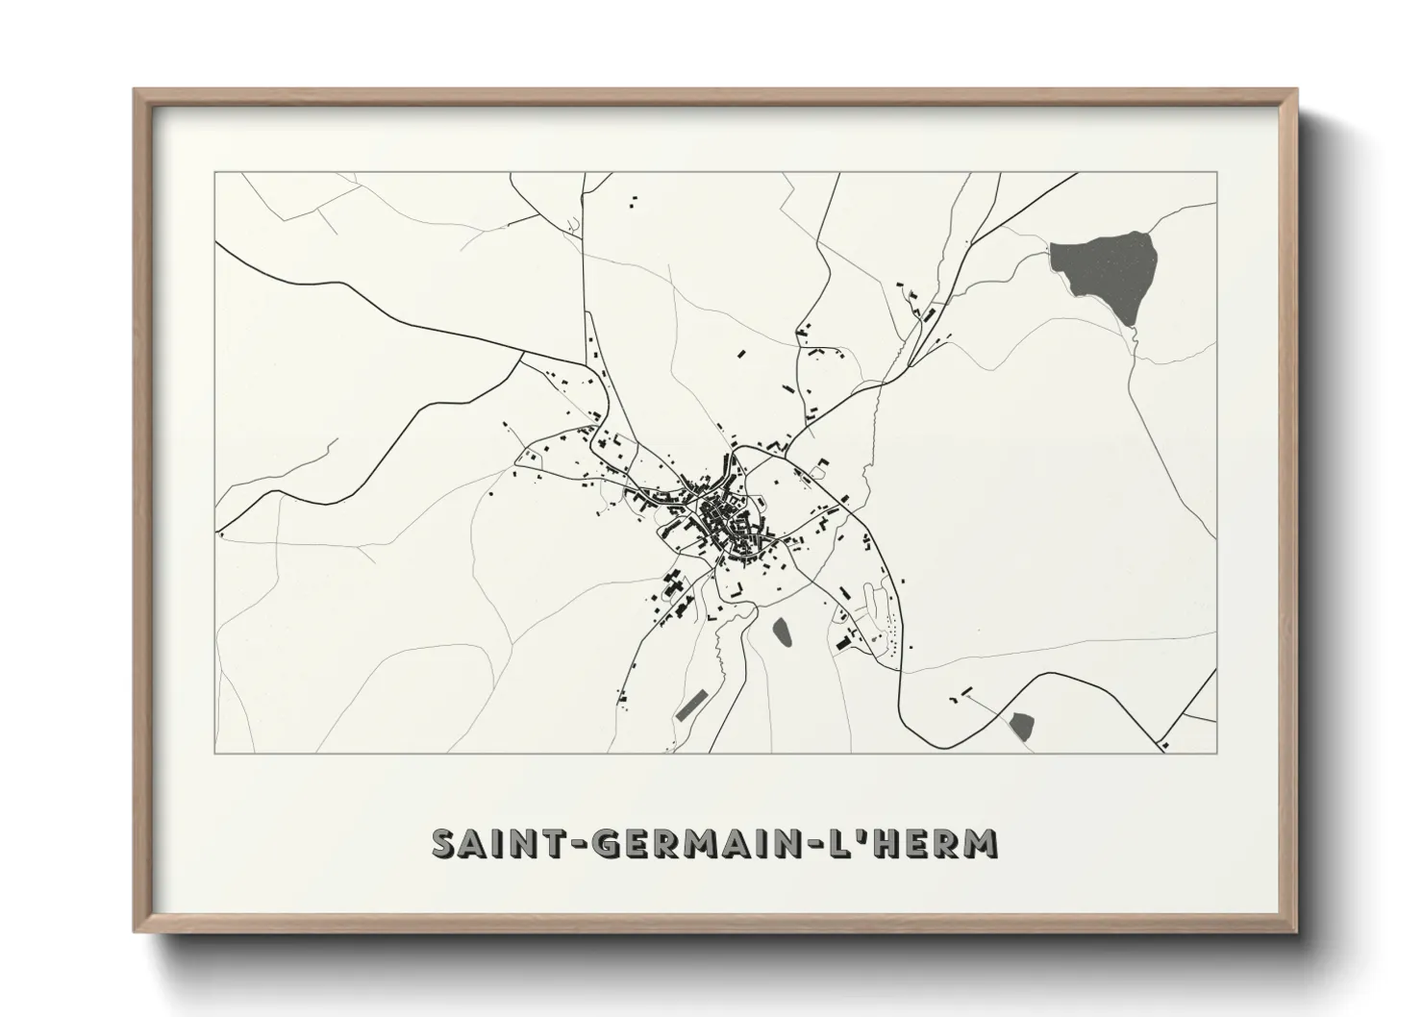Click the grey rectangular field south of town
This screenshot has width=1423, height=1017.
pos(689,707)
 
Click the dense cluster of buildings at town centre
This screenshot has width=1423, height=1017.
pos(726,524)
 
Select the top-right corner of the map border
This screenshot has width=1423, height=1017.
pos(1217,172)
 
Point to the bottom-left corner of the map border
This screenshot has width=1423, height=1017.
pos(214,753)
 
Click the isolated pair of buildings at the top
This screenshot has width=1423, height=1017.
pos(633,201)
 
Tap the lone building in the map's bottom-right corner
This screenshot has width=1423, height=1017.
pos(1165,743)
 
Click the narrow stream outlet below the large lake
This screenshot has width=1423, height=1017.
pos(1133,336)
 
